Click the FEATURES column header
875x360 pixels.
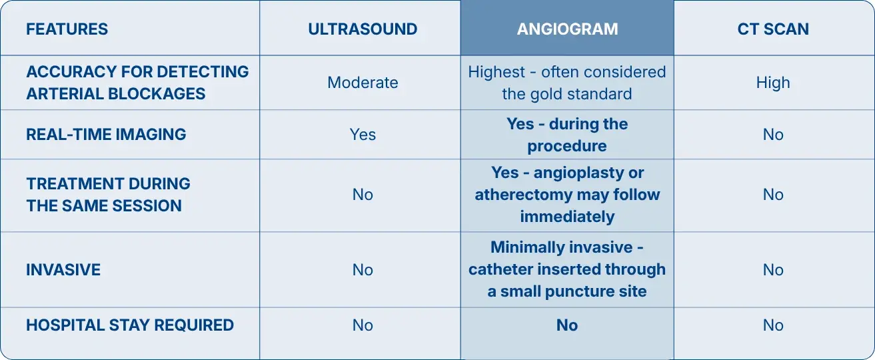point(67,29)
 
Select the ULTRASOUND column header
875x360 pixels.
point(363,29)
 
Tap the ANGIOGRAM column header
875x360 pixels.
point(567,29)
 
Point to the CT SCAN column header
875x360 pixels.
point(773,29)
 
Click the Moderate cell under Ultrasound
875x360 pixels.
point(363,83)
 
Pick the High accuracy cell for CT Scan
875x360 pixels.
point(773,83)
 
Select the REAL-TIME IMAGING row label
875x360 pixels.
point(106,135)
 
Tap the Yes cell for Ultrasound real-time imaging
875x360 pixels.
point(363,135)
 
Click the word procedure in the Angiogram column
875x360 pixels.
point(567,146)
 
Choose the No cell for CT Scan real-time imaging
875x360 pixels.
point(773,135)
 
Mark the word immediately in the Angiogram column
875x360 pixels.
point(567,217)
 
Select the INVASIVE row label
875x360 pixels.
point(63,270)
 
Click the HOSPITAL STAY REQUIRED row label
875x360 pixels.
point(130,325)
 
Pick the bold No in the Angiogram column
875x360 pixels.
point(567,325)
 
